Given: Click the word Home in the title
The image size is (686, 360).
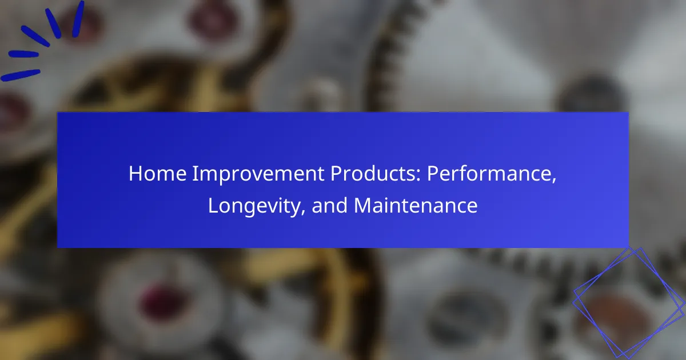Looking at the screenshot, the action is point(157,173).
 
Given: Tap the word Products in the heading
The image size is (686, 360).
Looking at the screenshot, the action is point(373,173).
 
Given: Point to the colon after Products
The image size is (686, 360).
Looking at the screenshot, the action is point(418,175).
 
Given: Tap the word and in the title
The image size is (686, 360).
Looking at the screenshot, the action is point(329,205).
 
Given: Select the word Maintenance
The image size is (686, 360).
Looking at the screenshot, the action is point(416,205).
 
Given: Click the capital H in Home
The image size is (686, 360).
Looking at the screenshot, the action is point(135,174).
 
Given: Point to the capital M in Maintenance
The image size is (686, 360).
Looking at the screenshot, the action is point(362,205).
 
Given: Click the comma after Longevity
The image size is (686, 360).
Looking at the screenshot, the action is point(303,212).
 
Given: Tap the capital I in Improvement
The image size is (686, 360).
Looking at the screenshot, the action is point(195,174).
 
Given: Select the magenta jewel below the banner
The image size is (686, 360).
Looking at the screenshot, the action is point(161,302).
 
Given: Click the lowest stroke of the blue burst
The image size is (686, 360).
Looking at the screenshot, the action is point(20,75).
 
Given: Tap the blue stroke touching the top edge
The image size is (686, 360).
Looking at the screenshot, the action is point(78,19).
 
